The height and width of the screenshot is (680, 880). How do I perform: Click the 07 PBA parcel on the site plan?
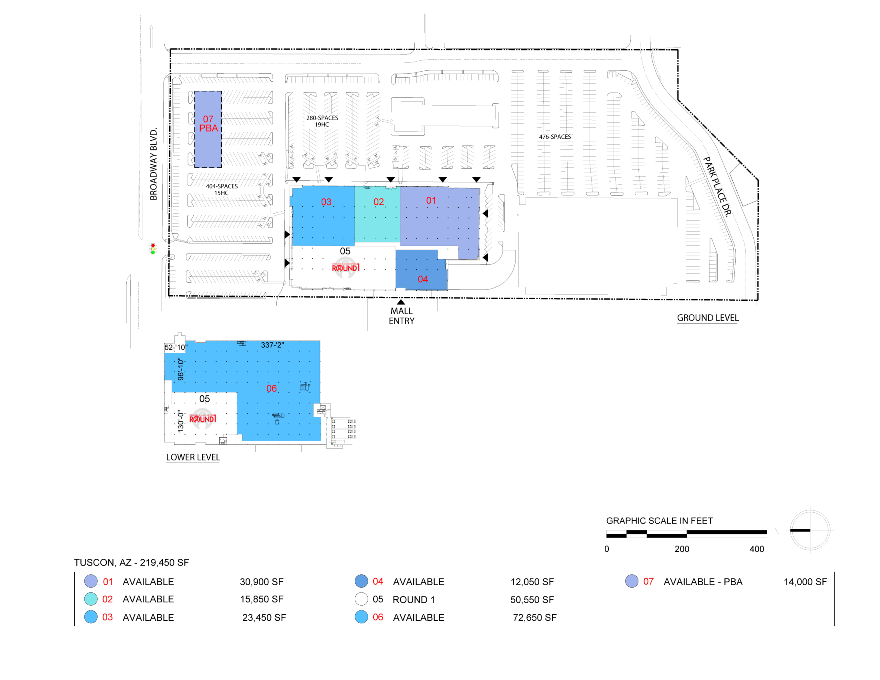pyautogui.click(x=208, y=129)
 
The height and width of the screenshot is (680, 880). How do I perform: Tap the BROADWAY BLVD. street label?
pyautogui.click(x=154, y=164)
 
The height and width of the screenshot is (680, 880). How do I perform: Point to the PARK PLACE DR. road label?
pyautogui.click(x=717, y=187)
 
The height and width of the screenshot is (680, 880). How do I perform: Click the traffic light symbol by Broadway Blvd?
pyautogui.click(x=153, y=248)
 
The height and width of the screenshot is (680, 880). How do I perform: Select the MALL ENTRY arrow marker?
pyautogui.click(x=400, y=302)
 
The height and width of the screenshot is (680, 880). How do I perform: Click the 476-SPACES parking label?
pyautogui.click(x=555, y=136)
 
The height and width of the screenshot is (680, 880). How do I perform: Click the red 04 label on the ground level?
pyautogui.click(x=423, y=279)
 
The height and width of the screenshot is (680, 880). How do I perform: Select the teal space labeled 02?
pyautogui.click(x=377, y=214)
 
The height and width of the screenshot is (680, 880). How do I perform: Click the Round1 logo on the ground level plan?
pyautogui.click(x=345, y=268)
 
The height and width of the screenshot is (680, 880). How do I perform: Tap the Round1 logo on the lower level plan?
pyautogui.click(x=203, y=418)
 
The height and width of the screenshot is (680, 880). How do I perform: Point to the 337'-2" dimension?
pyautogui.click(x=272, y=345)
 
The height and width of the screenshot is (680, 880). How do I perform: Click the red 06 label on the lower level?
pyautogui.click(x=272, y=388)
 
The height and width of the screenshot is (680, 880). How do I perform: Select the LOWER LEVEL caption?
pyautogui.click(x=193, y=457)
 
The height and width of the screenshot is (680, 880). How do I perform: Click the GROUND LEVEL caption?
pyautogui.click(x=708, y=318)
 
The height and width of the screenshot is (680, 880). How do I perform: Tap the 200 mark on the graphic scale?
pyautogui.click(x=682, y=549)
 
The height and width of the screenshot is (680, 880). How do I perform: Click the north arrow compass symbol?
pyautogui.click(x=810, y=530)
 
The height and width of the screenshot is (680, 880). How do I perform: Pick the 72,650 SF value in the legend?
pyautogui.click(x=534, y=618)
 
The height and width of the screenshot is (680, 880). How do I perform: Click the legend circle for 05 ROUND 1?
pyautogui.click(x=361, y=599)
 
